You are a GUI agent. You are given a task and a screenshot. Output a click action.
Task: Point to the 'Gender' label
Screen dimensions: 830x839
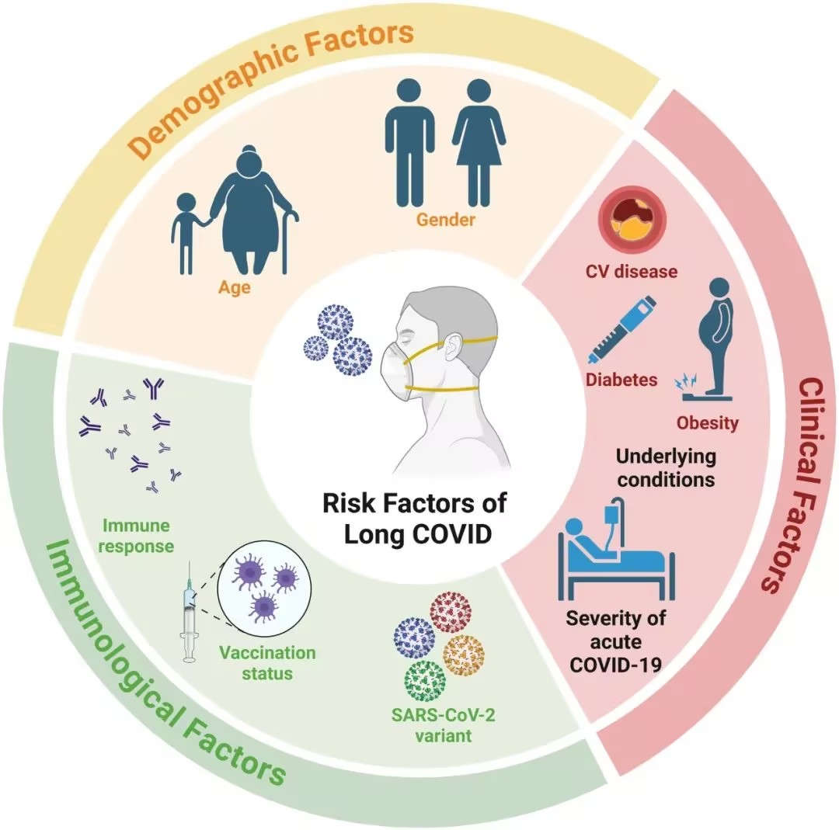(x=445, y=221)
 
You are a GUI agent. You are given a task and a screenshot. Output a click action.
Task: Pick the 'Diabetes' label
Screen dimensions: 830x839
(x=621, y=380)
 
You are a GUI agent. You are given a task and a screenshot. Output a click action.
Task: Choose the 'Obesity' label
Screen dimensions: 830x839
(x=707, y=423)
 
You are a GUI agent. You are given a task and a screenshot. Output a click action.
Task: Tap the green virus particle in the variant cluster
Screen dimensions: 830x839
(x=424, y=676)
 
